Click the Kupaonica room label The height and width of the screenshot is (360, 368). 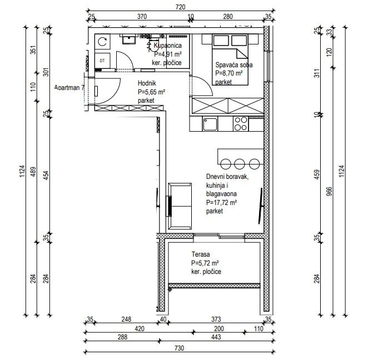167,46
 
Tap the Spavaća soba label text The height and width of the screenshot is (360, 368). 234,65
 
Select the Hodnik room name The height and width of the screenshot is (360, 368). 147,83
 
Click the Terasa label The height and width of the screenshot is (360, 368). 201,254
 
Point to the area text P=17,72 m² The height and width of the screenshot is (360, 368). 221,202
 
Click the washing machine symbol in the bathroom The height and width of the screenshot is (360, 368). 102,42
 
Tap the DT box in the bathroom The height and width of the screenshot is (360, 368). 102,61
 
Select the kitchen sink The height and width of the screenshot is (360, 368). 210,124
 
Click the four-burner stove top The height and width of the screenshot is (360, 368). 241,124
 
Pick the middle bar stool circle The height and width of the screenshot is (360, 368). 240,164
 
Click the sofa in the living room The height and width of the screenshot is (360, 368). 180,206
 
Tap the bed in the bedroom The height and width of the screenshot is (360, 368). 230,59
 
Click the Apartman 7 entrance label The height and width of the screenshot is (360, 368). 69,88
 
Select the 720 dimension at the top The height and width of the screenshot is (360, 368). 180,7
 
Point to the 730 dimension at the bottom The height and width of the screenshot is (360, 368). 179,348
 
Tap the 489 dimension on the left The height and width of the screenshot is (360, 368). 33,172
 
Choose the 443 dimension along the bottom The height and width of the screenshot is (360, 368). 216,337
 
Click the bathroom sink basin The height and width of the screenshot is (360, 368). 129,39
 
